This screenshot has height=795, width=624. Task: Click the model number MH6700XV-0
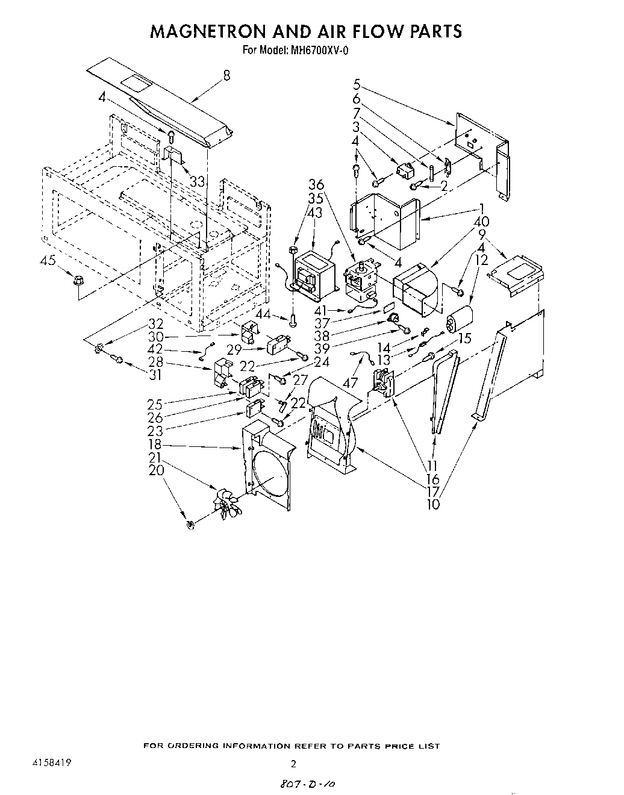pyautogui.click(x=320, y=51)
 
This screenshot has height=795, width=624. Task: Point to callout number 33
pyautogui.click(x=197, y=181)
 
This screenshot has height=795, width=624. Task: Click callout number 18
pyautogui.click(x=155, y=446)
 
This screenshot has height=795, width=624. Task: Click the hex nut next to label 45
pyautogui.click(x=78, y=280)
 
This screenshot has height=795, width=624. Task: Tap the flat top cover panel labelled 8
pyautogui.click(x=163, y=102)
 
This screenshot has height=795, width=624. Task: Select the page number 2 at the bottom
pyautogui.click(x=293, y=764)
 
